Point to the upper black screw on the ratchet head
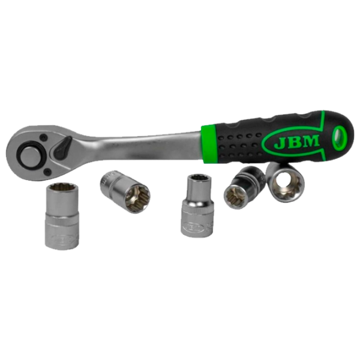pyautogui.click(x=43, y=137)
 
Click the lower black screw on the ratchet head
pyautogui.click(x=48, y=170)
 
